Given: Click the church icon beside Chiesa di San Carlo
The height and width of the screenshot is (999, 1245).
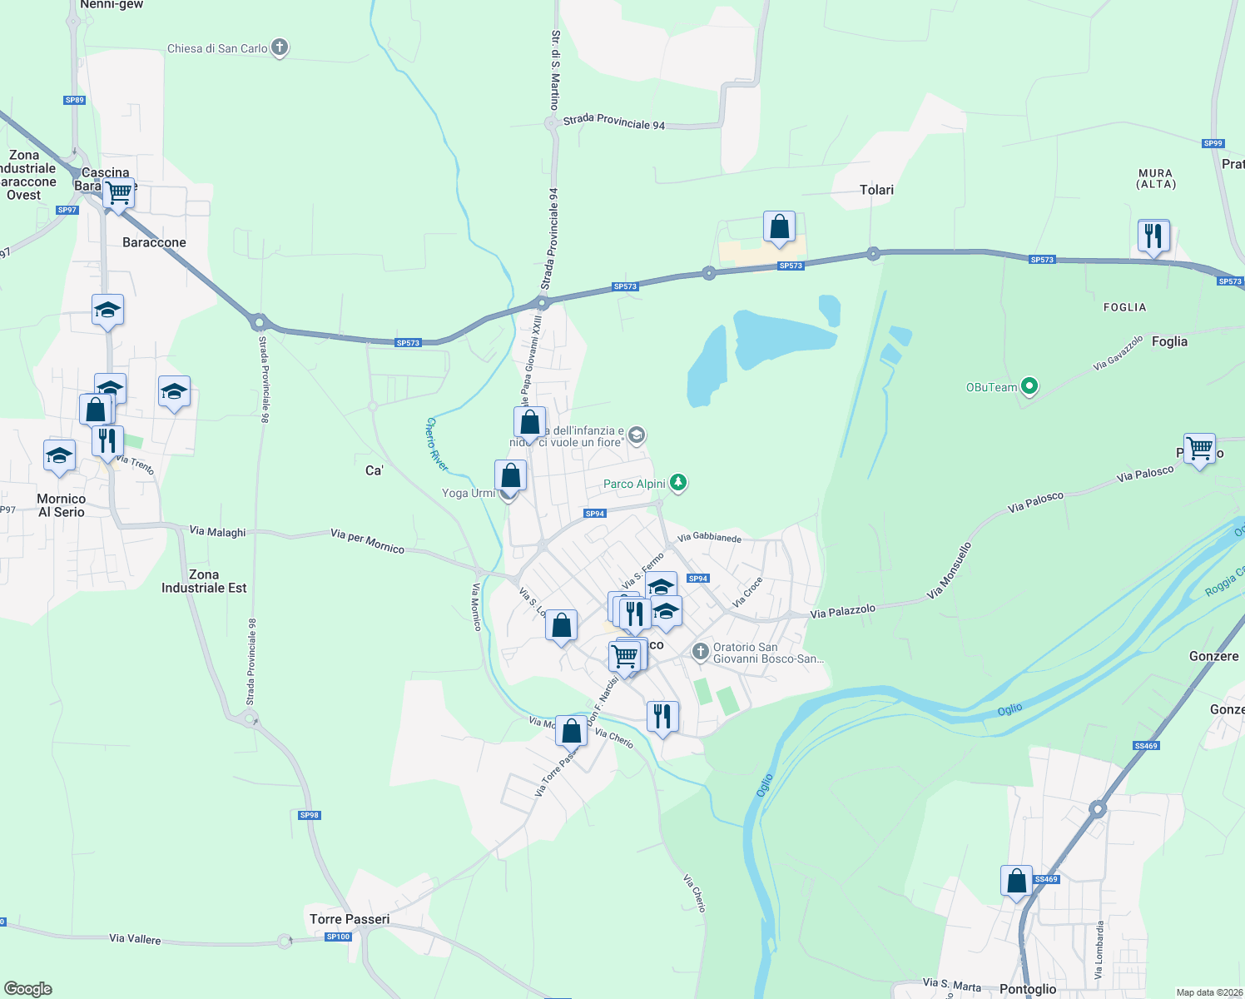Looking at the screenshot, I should click(280, 47).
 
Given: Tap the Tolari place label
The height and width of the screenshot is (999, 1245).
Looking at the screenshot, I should click(876, 190).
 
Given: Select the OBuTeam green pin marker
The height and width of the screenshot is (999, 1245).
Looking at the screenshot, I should click(1029, 386).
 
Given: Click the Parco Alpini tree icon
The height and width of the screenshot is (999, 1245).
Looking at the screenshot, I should click(678, 483).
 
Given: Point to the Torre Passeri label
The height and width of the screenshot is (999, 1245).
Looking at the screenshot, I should click(350, 919).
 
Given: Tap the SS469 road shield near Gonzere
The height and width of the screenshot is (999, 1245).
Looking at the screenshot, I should click(1146, 746).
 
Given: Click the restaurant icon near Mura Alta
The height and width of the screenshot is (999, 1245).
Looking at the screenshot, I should click(1153, 236).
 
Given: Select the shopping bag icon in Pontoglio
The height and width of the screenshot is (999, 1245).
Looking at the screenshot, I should click(1016, 881).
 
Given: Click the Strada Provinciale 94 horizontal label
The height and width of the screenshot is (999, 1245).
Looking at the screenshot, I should click(614, 122).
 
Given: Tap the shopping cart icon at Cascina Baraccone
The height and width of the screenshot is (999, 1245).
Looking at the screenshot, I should click(119, 193).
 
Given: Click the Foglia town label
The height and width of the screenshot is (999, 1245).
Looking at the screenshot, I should click(1169, 341).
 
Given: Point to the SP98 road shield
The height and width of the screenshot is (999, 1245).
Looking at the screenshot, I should click(309, 815).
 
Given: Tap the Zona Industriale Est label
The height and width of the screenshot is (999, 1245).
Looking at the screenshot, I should click(204, 581).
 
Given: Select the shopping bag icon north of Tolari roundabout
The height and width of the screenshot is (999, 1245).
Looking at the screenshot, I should click(779, 226).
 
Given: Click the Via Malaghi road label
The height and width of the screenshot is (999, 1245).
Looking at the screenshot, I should click(218, 531).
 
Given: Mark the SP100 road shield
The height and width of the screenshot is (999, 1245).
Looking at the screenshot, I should click(338, 937).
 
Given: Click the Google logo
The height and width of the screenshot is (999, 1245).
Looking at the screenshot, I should click(28, 988).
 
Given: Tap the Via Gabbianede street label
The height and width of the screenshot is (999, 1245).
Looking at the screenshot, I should click(709, 538).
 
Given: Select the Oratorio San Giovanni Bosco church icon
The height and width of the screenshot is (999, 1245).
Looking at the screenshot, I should click(701, 650).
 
